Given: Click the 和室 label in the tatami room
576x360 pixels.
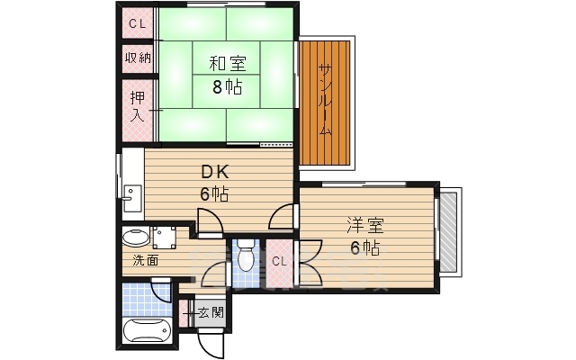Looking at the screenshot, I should [x=228, y=65].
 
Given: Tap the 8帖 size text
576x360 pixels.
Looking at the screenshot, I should [x=228, y=87].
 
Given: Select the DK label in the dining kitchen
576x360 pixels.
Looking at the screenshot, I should [x=213, y=172].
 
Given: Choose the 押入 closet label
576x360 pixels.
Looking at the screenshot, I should [x=137, y=107].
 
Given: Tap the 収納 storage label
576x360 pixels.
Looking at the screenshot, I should [x=137, y=58].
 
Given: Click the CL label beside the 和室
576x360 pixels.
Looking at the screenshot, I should [x=137, y=24].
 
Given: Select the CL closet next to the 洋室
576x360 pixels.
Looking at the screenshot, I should [x=279, y=261].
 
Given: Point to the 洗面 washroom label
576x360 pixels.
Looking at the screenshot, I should [x=146, y=262].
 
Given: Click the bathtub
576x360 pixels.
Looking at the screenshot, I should [x=146, y=332].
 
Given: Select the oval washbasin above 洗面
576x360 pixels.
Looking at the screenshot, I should [x=136, y=238].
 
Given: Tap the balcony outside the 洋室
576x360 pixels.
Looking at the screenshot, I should [x=448, y=229].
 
